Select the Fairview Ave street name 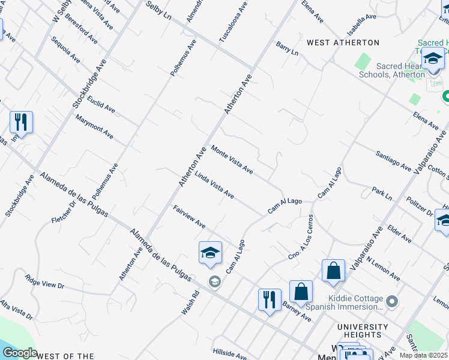[190, 217]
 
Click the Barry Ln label [287, 49]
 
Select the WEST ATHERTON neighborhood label [343, 43]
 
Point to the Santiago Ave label [393, 161]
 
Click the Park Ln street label [381, 193]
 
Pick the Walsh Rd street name [190, 304]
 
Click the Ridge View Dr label [44, 282]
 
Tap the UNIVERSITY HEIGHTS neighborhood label [359, 331]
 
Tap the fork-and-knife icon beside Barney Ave [270, 299]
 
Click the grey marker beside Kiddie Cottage [392, 300]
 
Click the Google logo [20, 353]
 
